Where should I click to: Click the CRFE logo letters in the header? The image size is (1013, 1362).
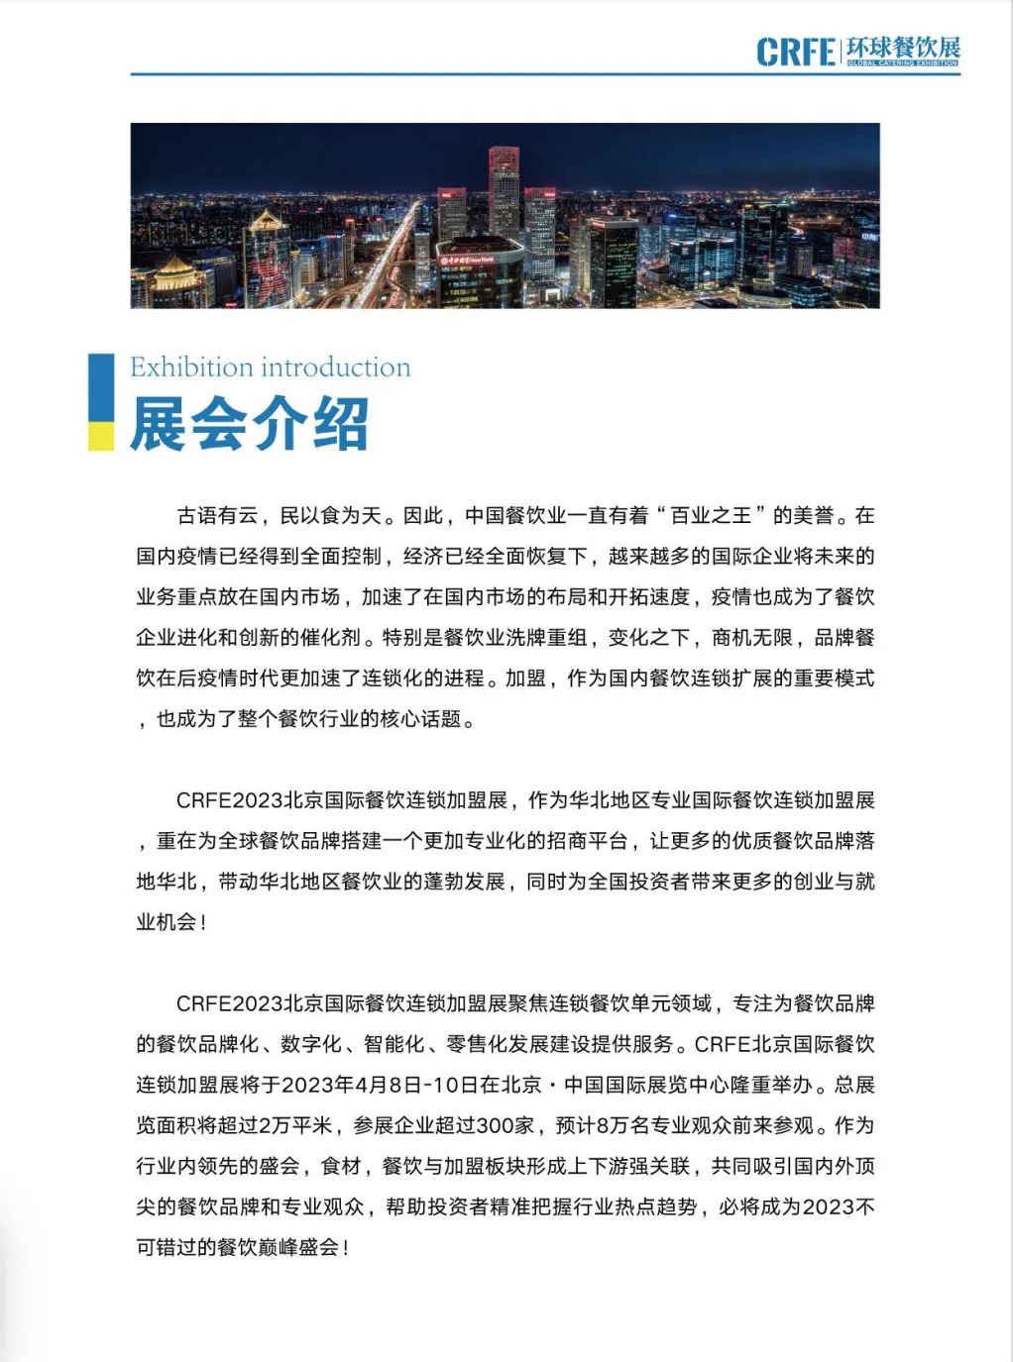[796, 52]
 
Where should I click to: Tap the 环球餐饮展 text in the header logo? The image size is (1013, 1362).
[902, 47]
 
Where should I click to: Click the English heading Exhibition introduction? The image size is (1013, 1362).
[270, 367]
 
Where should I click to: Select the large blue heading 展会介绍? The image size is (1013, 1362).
[249, 424]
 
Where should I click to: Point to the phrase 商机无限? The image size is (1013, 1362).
[752, 637]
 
